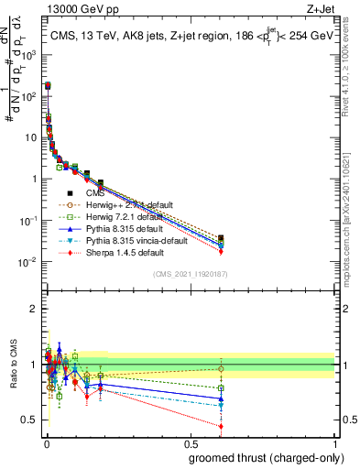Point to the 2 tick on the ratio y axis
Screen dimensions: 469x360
(35, 309)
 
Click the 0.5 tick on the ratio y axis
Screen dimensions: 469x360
(32, 420)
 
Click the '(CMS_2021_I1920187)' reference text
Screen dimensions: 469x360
(191, 274)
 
